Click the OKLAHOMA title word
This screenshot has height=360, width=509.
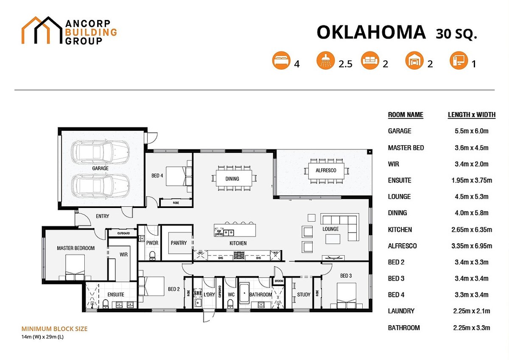click(371, 33)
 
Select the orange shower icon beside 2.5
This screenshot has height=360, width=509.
click(325, 61)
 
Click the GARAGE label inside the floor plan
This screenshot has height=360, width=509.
click(100, 168)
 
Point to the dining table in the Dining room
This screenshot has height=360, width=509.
click(232, 178)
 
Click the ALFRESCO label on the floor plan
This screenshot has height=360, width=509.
click(326, 170)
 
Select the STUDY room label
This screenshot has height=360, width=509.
click(304, 294)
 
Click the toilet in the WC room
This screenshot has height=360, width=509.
click(230, 302)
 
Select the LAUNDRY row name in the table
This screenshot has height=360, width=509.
click(401, 311)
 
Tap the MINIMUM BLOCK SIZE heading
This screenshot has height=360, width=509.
click(54, 329)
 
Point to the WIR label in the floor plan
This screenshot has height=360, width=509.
click(123, 255)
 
